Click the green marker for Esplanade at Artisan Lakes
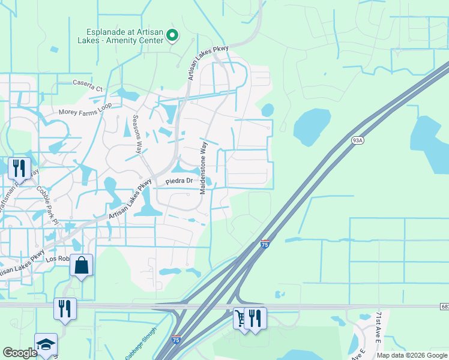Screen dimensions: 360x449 click(172, 35)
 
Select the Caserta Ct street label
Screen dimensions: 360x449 click(88, 83)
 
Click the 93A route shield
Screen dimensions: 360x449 click(358, 140)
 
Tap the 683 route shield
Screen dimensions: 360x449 click(444, 307)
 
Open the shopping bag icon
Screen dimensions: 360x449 click(82, 264)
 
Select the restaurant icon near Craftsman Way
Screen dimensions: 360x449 click(19, 167)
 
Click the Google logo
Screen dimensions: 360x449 click(20, 353)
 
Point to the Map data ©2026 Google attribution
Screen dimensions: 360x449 click(412, 355)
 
